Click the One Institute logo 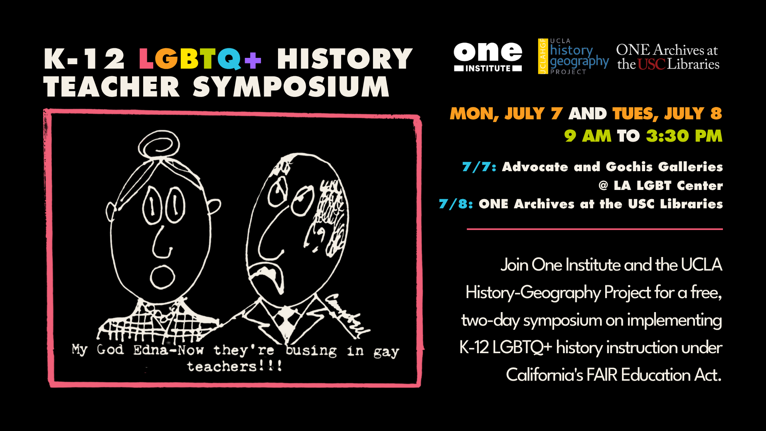click(488, 57)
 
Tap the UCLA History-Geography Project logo click(573, 56)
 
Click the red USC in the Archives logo click(651, 64)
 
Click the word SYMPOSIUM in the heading click(291, 87)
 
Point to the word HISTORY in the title click(345, 59)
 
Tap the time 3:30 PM click(684, 136)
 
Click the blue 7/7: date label click(479, 166)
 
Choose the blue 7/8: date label click(456, 204)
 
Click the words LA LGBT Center click(668, 186)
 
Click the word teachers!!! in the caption click(235, 366)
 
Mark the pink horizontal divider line click(595, 229)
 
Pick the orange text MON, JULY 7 click(506, 114)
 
